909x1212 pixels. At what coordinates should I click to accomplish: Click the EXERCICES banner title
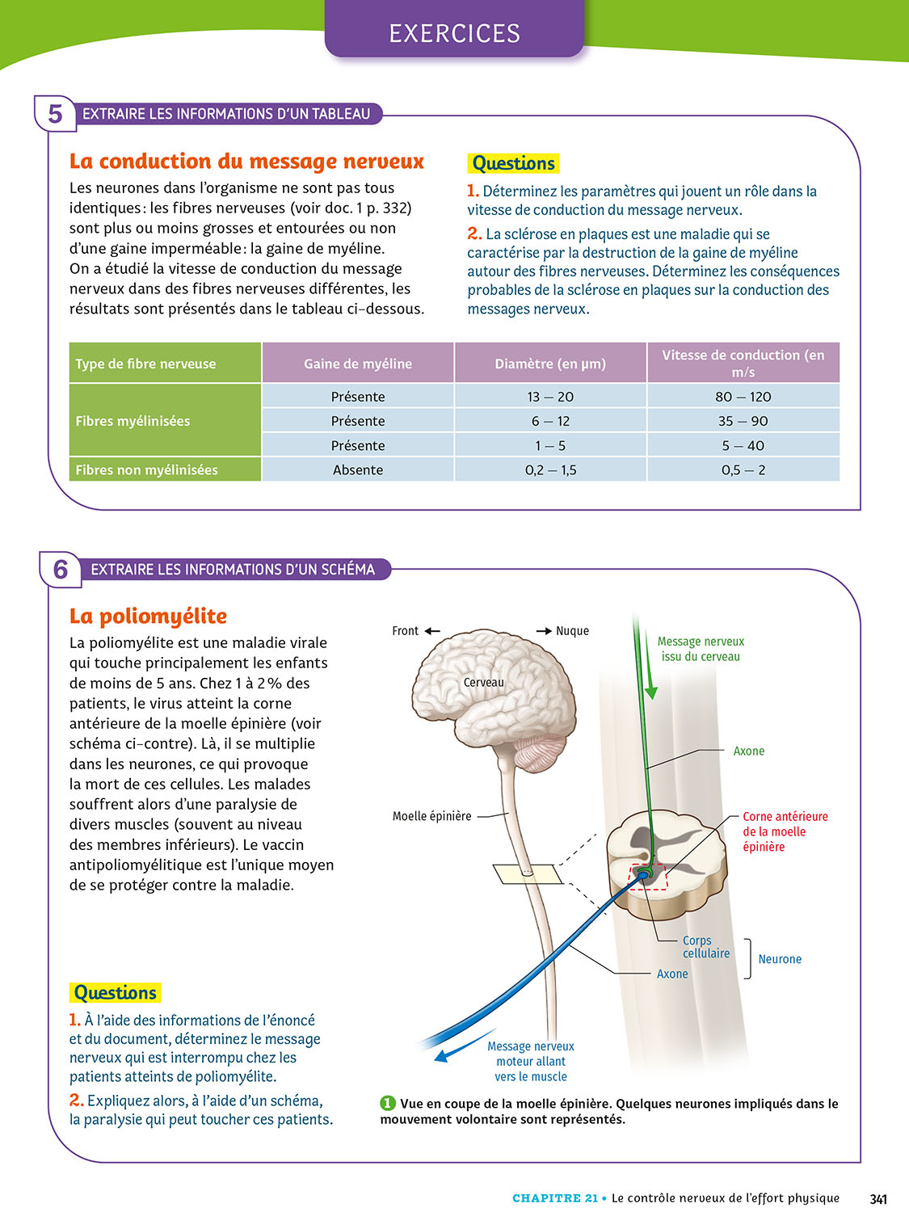pyautogui.click(x=454, y=33)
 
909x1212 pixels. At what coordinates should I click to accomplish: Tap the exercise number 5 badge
pyautogui.click(x=55, y=114)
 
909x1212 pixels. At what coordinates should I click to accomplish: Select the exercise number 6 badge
pyautogui.click(x=61, y=570)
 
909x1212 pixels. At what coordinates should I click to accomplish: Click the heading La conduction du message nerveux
pyautogui.click(x=246, y=162)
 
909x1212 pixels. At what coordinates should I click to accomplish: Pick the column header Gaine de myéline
pyautogui.click(x=358, y=364)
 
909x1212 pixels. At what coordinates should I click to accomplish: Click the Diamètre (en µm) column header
pyautogui.click(x=550, y=364)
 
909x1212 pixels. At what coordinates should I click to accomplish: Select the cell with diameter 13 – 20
pyautogui.click(x=550, y=397)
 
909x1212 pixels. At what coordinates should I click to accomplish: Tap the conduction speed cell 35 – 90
pyautogui.click(x=743, y=421)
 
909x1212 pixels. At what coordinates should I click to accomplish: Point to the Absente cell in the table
pyautogui.click(x=358, y=469)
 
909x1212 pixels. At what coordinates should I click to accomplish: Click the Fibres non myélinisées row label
pyautogui.click(x=147, y=469)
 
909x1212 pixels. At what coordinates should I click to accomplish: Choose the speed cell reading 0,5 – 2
pyautogui.click(x=743, y=469)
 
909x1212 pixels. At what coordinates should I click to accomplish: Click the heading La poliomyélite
pyautogui.click(x=148, y=617)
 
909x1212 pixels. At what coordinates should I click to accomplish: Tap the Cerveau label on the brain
pyautogui.click(x=483, y=683)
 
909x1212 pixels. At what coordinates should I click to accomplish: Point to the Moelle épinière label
pyautogui.click(x=431, y=816)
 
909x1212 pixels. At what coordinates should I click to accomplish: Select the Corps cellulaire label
pyautogui.click(x=705, y=947)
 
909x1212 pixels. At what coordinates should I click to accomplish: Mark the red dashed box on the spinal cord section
pyautogui.click(x=649, y=877)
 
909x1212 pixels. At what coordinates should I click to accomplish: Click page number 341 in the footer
pyautogui.click(x=878, y=1198)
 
